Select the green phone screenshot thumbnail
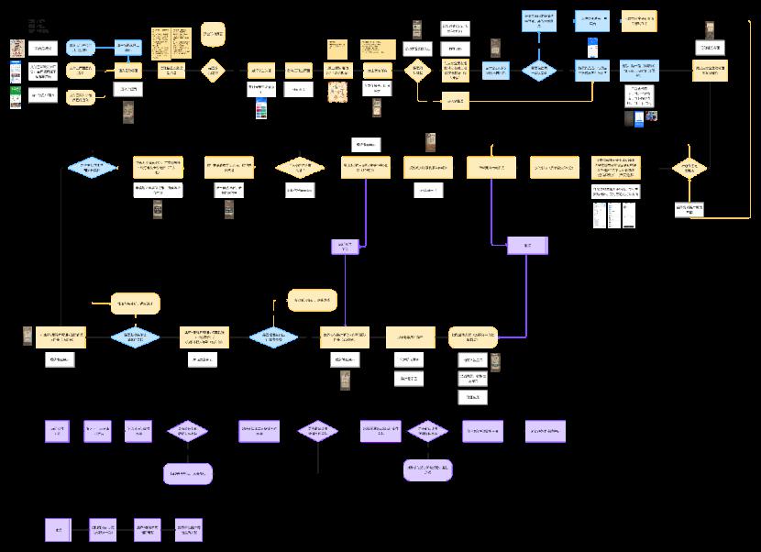(16, 97)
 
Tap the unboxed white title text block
(38, 25)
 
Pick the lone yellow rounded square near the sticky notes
(213, 34)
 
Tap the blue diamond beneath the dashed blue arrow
(538, 71)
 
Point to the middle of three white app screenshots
(615, 215)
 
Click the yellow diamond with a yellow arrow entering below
(689, 168)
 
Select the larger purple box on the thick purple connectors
(527, 246)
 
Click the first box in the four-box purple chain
(59, 529)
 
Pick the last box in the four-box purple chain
(189, 529)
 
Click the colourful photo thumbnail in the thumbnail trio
(651, 117)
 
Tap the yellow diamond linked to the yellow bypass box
(417, 71)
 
